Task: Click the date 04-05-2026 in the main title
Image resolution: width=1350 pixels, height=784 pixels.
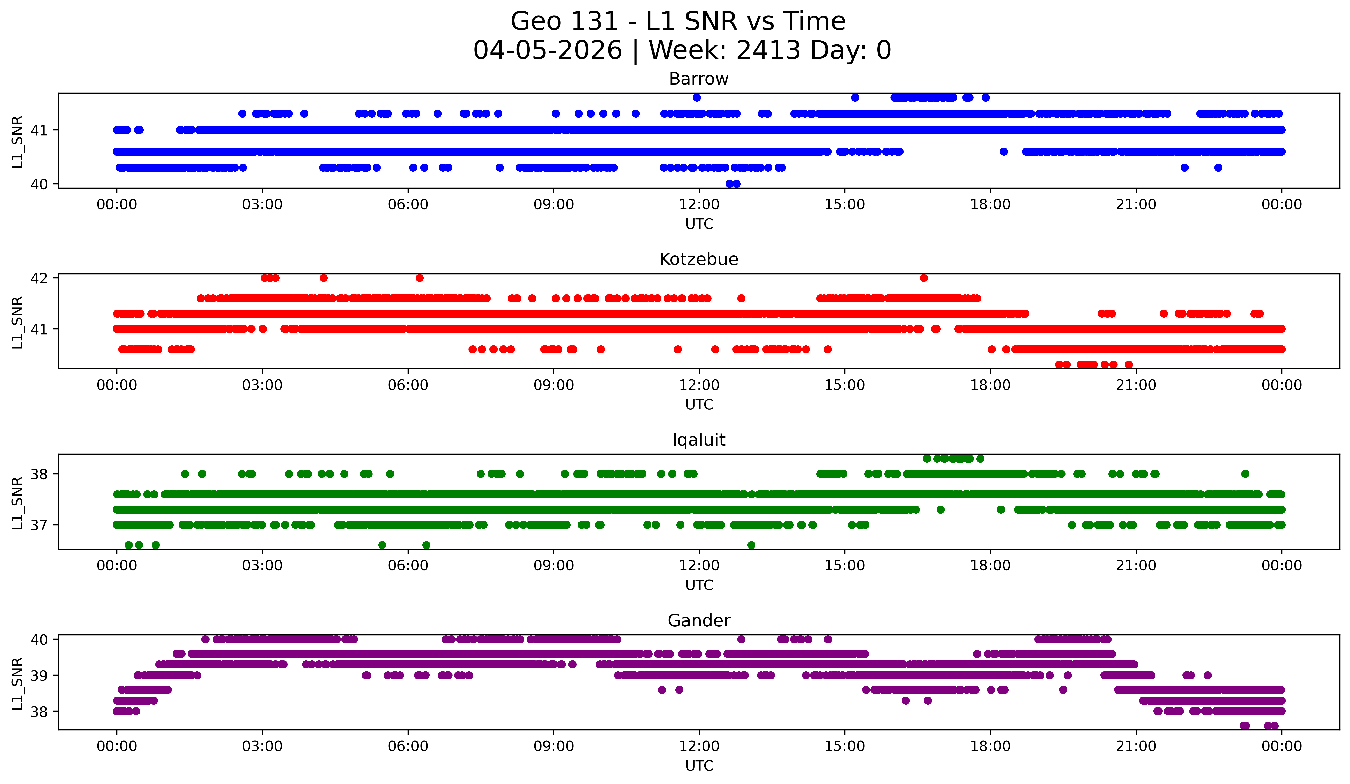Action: (547, 50)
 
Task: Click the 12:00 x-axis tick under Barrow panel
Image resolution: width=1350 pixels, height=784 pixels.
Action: (699, 205)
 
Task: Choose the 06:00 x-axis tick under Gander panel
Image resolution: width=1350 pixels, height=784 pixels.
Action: (408, 747)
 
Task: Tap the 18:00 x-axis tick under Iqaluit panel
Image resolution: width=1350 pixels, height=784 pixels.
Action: (990, 566)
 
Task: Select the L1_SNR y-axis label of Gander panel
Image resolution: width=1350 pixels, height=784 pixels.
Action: (17, 683)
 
